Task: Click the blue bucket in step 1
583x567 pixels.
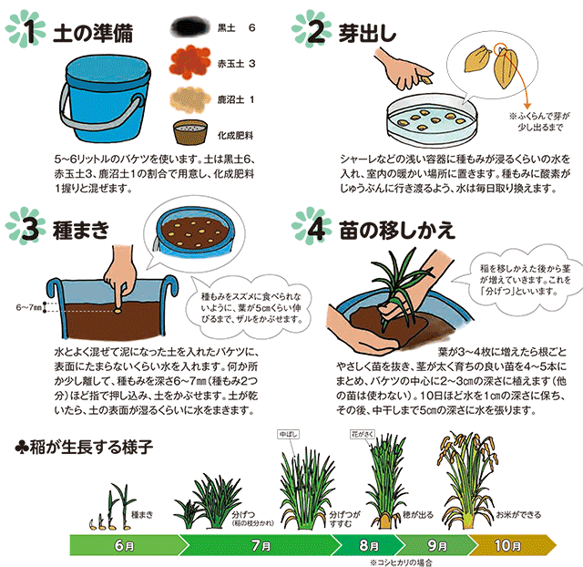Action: tap(105, 99)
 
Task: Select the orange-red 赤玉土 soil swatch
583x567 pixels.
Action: tap(189, 62)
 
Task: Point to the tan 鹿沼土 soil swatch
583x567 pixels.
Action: tap(189, 99)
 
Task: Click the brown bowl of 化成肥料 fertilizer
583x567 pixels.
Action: tap(190, 132)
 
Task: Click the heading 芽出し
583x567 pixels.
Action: tap(367, 33)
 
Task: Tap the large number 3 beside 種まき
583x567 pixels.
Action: tap(30, 229)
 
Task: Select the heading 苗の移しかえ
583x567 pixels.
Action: tap(397, 230)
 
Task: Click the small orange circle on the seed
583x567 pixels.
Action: tap(501, 48)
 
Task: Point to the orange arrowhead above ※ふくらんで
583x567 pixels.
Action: tap(527, 106)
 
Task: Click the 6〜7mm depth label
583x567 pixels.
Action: tap(28, 307)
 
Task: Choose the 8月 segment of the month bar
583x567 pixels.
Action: tap(369, 545)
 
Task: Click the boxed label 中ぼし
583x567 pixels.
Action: tap(289, 434)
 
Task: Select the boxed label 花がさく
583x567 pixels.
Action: tap(363, 434)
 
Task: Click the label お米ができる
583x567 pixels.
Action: tap(518, 515)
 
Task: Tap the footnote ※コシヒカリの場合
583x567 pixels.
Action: tap(401, 562)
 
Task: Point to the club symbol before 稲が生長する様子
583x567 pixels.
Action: tap(21, 448)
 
